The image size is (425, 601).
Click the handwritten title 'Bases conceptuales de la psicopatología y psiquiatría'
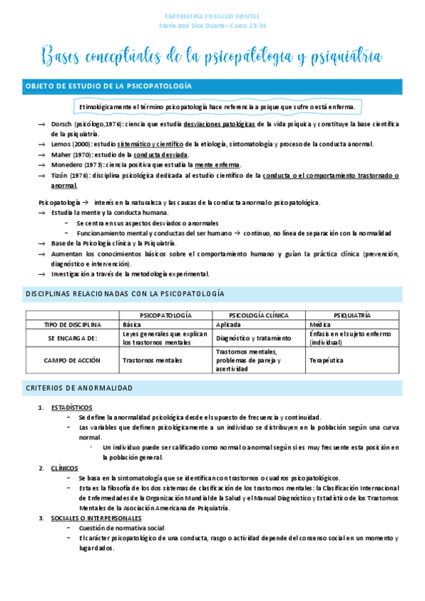point(212,55)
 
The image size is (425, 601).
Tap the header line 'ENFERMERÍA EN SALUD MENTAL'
point(212,16)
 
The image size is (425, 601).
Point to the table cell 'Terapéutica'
point(327,360)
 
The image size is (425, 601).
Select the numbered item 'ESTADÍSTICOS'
point(71,408)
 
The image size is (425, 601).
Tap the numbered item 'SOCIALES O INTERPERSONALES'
point(96,518)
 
